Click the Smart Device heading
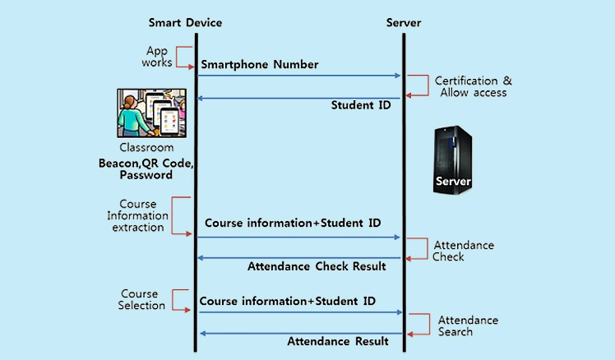185,22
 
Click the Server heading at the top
403,22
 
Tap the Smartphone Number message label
259,64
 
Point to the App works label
156,57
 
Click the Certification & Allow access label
474,86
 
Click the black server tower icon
453,159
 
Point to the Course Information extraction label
137,216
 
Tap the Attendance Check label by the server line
464,251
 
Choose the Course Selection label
139,299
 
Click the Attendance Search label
468,325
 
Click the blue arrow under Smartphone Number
298,76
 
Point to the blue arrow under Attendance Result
298,333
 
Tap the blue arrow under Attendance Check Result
298,258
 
